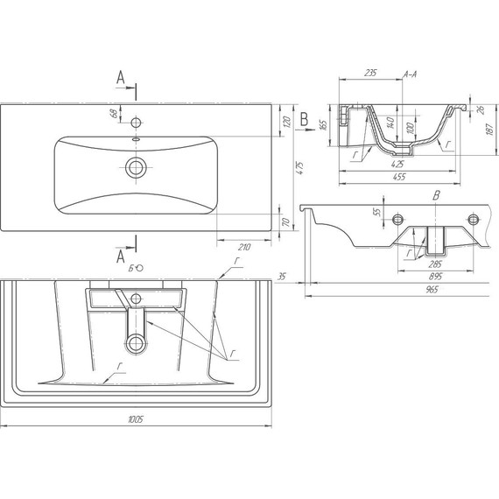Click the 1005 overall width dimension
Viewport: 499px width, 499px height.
pos(136,419)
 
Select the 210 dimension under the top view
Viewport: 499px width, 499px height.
pos(244,247)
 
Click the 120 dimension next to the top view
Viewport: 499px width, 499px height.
pos(286,122)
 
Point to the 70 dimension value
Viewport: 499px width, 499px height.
pos(286,222)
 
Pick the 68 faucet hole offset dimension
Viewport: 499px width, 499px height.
pos(115,113)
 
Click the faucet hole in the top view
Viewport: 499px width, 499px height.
pos(137,123)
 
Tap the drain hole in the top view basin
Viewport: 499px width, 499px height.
pos(136,167)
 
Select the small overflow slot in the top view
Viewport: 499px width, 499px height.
pos(137,139)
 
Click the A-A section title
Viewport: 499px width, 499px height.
pos(411,74)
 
